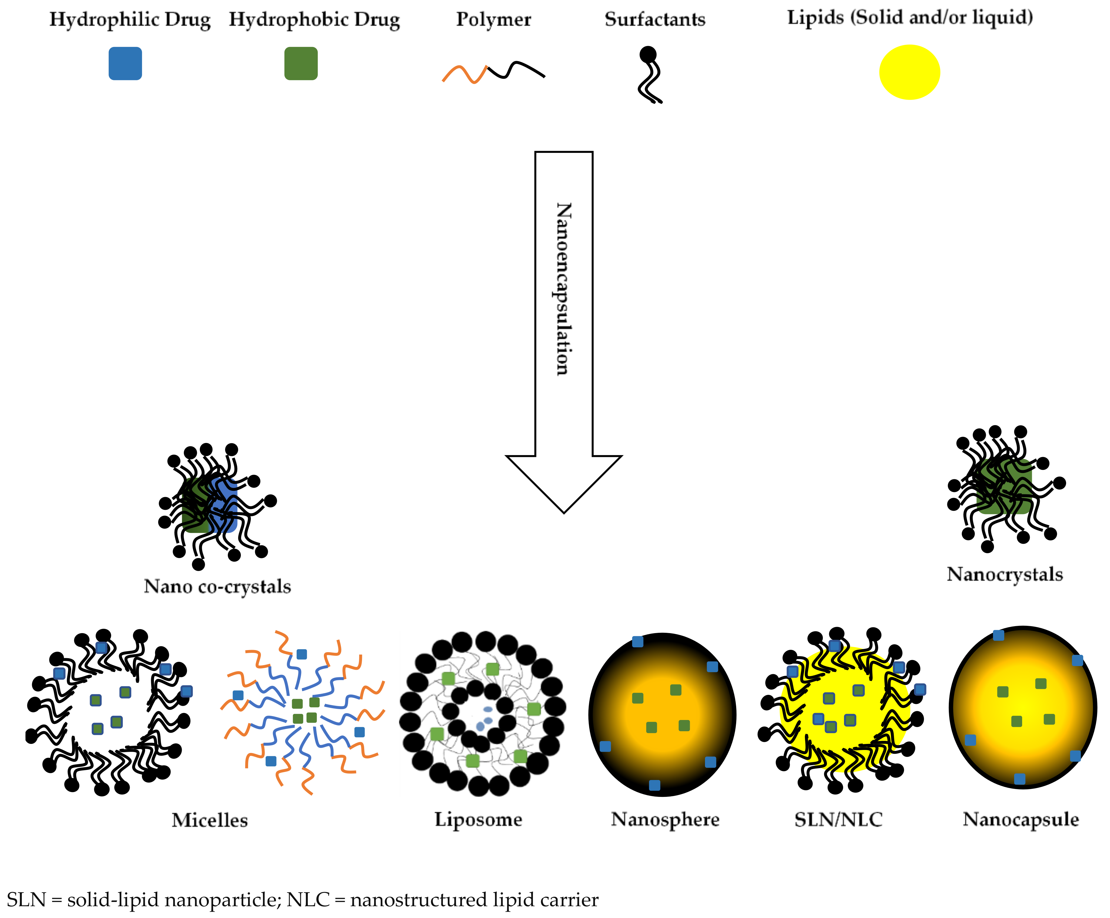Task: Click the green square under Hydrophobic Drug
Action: pos(301,63)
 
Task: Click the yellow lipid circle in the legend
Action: pos(909,72)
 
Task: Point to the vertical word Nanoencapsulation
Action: pos(563,289)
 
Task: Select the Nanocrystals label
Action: pos(1004,574)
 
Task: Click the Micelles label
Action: pos(209,820)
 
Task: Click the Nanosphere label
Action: pos(665,819)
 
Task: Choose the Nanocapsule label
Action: pos(1020,819)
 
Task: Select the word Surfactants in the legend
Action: pos(655,20)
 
